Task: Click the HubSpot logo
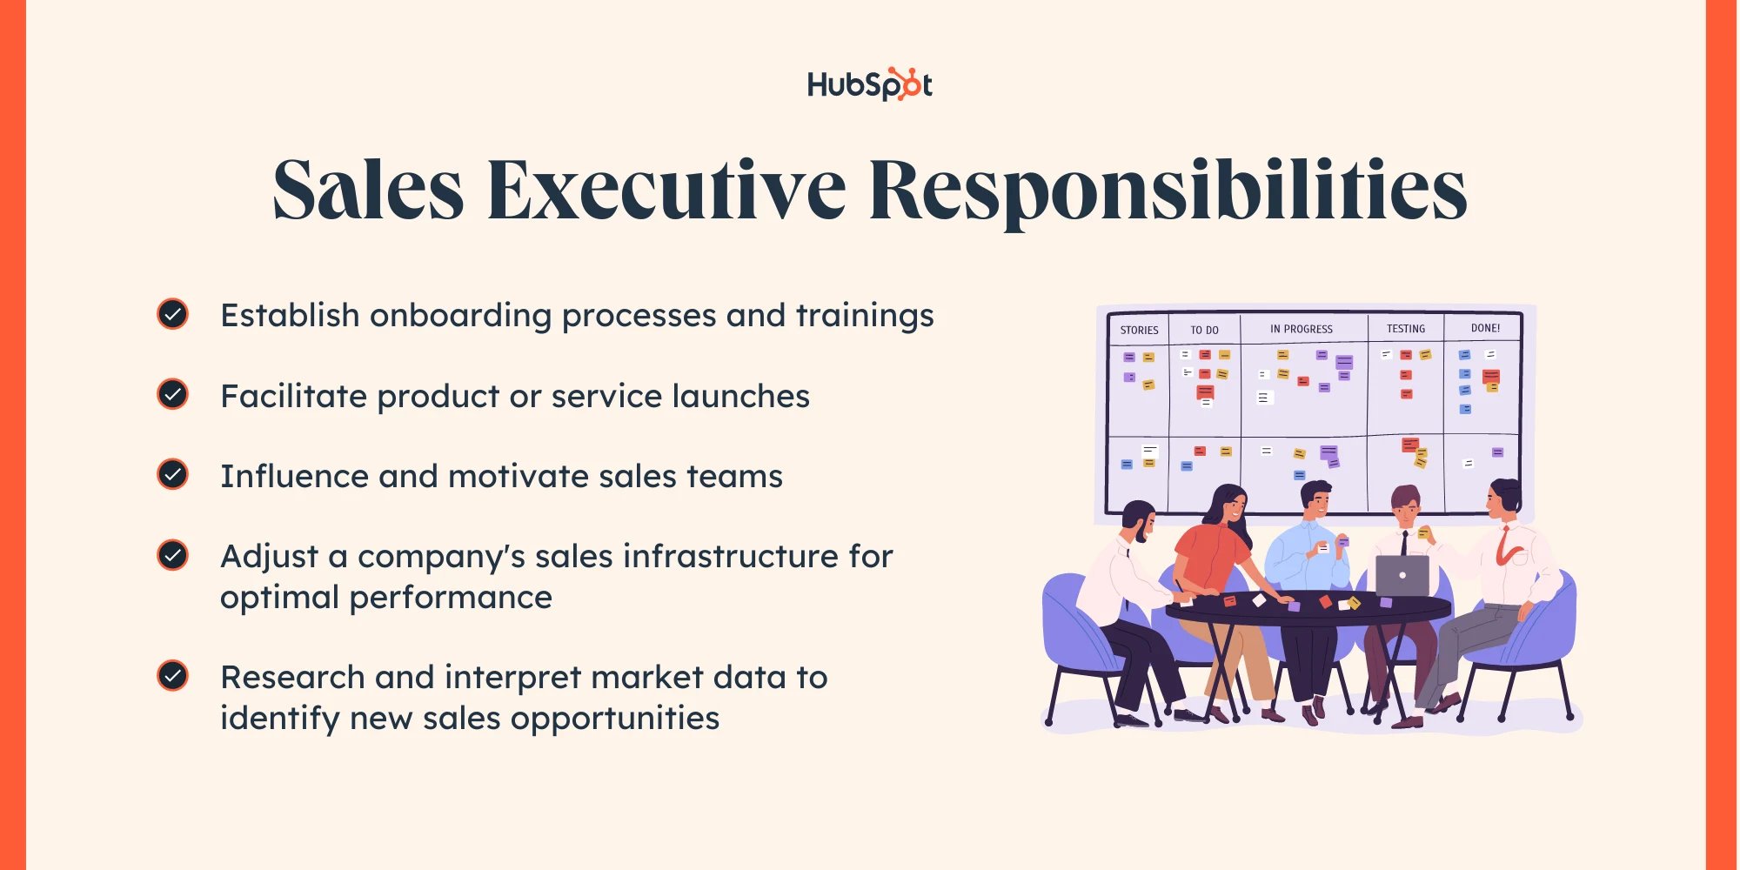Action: (x=869, y=84)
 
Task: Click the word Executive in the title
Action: (x=666, y=191)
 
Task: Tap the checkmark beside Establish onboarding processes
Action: (x=173, y=314)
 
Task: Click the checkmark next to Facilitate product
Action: (x=173, y=395)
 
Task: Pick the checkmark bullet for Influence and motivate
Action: (x=173, y=475)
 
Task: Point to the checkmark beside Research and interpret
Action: (x=173, y=676)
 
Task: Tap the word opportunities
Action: (x=615, y=719)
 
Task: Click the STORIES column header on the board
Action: (x=1139, y=330)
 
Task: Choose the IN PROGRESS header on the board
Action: (x=1302, y=329)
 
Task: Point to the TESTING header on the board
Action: (x=1406, y=329)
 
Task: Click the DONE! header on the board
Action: (x=1485, y=328)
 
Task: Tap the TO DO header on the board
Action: (x=1204, y=330)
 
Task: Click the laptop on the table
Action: (x=1402, y=576)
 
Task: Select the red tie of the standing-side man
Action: (x=1503, y=546)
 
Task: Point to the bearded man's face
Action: (x=1141, y=524)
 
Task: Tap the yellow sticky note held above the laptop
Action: (x=1423, y=532)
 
